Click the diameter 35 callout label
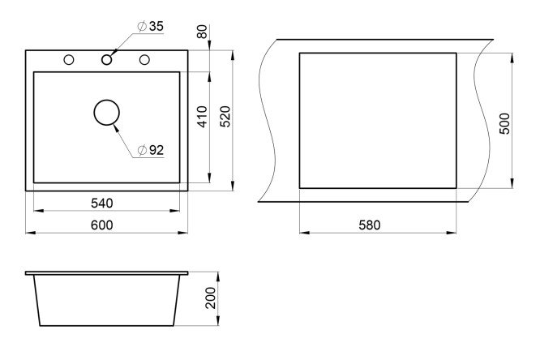(x=151, y=26)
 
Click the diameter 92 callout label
(x=151, y=150)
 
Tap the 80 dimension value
(x=202, y=32)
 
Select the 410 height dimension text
(x=203, y=117)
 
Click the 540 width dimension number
(x=102, y=204)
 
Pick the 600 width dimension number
(x=102, y=225)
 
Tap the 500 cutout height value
(x=504, y=123)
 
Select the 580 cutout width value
(x=370, y=225)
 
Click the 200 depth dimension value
(x=210, y=298)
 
